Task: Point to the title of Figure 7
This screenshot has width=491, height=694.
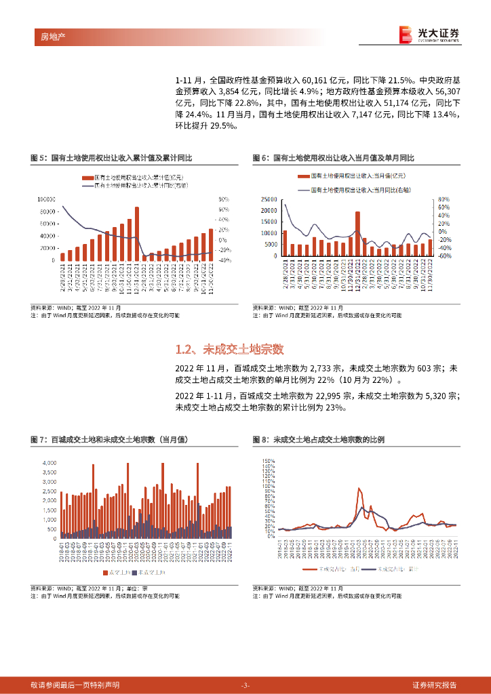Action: point(111,440)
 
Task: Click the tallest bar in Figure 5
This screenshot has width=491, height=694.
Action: point(137,233)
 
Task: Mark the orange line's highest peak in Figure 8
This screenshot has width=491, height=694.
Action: point(359,489)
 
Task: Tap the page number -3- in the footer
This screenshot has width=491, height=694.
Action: point(245,685)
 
